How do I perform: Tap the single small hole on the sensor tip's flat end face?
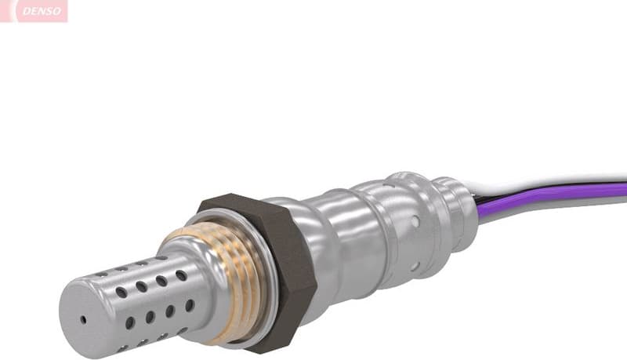point(84,320)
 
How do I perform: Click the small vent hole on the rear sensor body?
point(415,223)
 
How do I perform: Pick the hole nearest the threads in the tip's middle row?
point(181,276)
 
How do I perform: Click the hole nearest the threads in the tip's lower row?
point(190,305)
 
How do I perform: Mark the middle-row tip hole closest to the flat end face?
point(121,292)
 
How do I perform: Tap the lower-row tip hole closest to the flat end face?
point(129,322)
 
